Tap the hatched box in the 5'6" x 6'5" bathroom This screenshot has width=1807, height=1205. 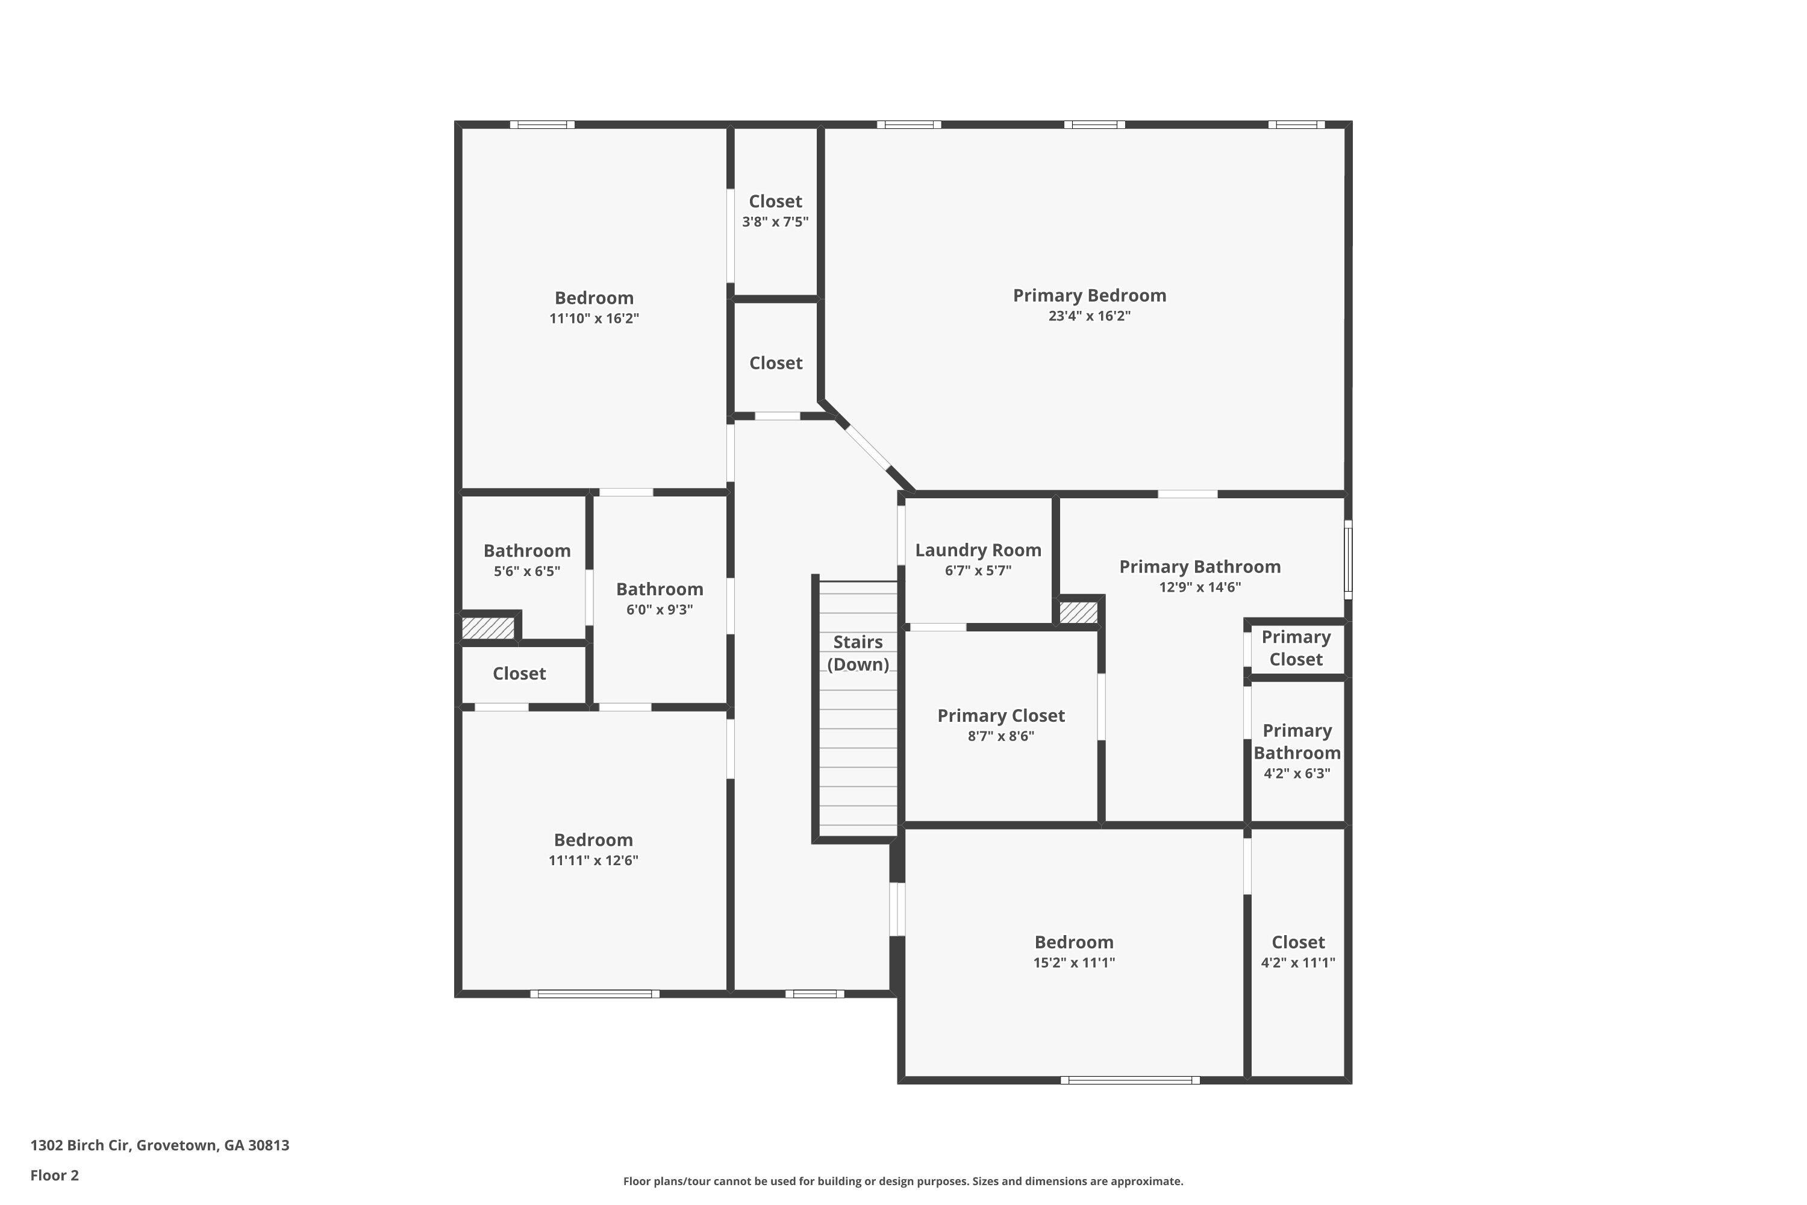tap(487, 628)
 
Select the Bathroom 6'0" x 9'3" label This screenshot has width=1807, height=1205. tap(659, 589)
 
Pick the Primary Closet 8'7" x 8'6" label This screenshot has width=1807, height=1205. tap(1000, 716)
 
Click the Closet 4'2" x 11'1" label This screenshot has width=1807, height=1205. tap(1297, 942)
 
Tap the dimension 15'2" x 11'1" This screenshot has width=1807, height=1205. tap(1073, 962)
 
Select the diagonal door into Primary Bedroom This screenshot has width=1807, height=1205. tap(868, 446)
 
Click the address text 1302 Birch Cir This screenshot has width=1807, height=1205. tap(160, 1145)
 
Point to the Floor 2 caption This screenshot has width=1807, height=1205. tap(55, 1175)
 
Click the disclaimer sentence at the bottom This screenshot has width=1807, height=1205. tap(903, 1181)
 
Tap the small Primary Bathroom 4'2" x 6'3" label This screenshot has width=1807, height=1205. tap(1297, 742)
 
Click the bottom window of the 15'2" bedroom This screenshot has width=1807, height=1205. tap(1129, 1080)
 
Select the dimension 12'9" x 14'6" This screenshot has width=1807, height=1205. tap(1199, 587)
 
